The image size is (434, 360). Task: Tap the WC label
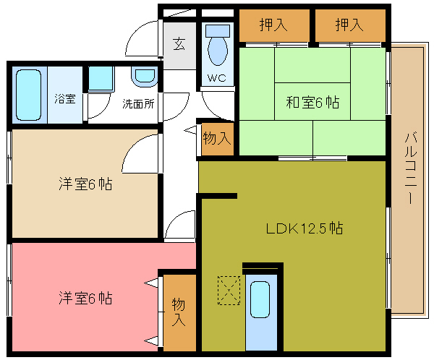(217, 78)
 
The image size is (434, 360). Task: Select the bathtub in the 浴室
(28, 95)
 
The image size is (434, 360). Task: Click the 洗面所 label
(138, 104)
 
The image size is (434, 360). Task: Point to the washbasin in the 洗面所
(145, 77)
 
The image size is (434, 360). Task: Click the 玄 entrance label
(179, 43)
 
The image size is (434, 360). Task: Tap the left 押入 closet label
(273, 25)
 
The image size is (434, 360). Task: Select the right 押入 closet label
(349, 25)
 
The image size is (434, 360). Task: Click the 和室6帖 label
(312, 102)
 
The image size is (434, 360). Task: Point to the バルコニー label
(411, 168)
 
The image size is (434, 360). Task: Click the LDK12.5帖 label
(305, 228)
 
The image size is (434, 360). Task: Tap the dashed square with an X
(229, 291)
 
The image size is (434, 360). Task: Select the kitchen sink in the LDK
(260, 299)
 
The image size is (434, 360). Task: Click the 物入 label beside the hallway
(217, 138)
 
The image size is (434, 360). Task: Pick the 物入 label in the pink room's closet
(179, 312)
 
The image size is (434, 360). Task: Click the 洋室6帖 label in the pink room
(85, 298)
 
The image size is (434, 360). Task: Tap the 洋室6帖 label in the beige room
(85, 184)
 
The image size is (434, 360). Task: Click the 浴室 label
(65, 98)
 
